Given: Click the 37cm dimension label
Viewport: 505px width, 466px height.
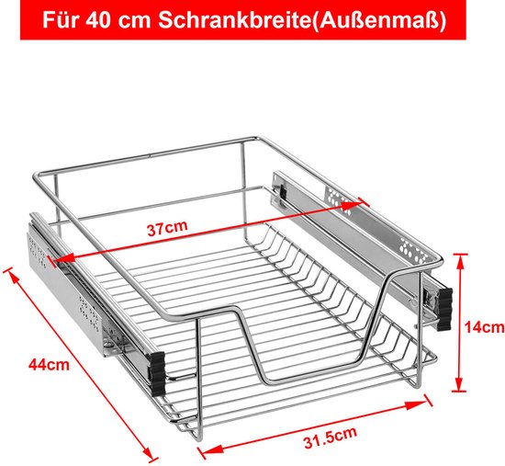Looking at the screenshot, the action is [x=167, y=228].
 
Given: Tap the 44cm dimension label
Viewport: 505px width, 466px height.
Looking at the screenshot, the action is [x=49, y=365].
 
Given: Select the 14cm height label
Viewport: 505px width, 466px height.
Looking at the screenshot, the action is [x=484, y=327].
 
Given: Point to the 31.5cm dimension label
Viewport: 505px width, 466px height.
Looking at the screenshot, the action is [x=331, y=438].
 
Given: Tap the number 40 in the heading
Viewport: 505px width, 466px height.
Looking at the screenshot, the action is [x=98, y=20].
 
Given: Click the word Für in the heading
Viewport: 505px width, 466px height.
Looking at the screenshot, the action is [x=61, y=20].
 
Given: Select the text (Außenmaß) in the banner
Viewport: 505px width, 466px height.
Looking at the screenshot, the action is [x=379, y=20].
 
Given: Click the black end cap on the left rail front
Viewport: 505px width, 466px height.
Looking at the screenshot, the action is [x=158, y=373].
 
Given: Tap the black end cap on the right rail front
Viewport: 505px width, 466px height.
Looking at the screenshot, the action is [x=444, y=309].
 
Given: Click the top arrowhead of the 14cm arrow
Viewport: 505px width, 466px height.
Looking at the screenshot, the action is [x=461, y=262].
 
